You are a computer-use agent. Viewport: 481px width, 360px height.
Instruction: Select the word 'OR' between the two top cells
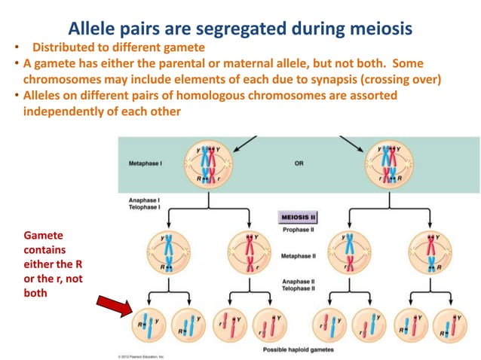[x=299, y=163]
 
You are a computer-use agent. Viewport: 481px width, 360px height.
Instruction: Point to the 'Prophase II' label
[x=299, y=230]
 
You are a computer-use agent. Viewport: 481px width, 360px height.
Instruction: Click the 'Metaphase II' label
[x=299, y=256]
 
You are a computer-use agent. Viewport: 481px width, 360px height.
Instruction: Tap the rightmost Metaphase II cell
[x=430, y=252]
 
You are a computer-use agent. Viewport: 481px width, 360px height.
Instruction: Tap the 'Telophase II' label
[x=299, y=288]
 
